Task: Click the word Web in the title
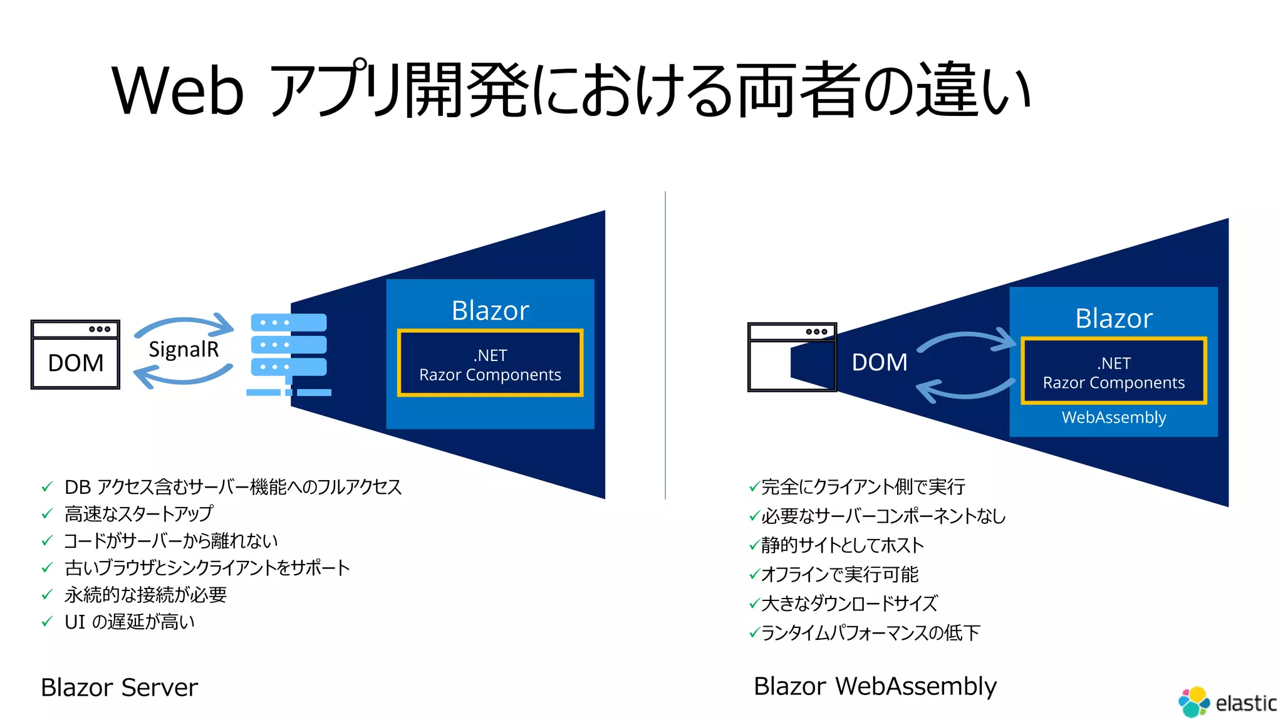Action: coord(177,92)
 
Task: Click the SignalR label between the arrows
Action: coord(184,349)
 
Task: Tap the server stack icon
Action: coord(289,353)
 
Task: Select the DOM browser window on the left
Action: coord(75,355)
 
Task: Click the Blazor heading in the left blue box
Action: coord(490,311)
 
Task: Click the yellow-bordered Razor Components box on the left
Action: coord(490,364)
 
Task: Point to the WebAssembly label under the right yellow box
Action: coord(1113,417)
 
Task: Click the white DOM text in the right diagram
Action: coord(879,362)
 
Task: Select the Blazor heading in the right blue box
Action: coord(1113,319)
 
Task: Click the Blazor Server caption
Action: coord(119,688)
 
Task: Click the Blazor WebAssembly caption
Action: coord(875,686)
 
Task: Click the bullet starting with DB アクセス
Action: coord(232,487)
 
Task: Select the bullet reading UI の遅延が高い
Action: coord(129,622)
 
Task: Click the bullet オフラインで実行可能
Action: coord(839,574)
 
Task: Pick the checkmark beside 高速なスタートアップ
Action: coord(47,514)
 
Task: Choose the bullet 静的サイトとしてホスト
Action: coord(842,545)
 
